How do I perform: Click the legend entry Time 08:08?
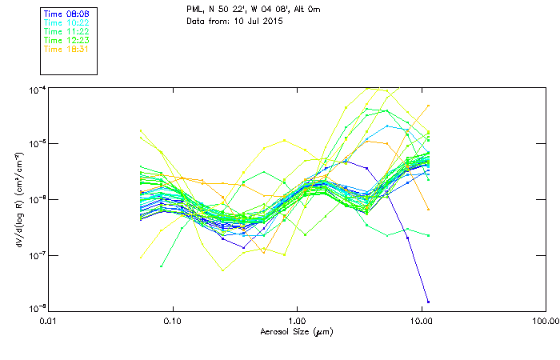coord(66,14)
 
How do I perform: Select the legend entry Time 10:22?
coord(66,23)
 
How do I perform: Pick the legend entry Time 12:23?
coord(66,40)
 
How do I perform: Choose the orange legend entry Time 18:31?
coord(66,49)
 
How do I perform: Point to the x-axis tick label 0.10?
coord(173,321)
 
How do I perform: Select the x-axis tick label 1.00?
coord(297,321)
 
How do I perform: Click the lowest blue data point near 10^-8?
coord(428,302)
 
